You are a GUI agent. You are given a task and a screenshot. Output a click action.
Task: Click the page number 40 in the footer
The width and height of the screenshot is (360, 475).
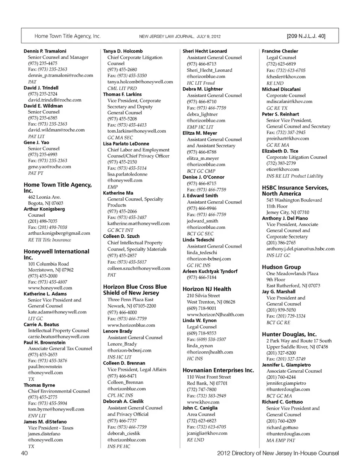coord(24,453)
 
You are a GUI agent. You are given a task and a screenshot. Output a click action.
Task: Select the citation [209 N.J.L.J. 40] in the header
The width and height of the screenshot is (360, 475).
coord(306,36)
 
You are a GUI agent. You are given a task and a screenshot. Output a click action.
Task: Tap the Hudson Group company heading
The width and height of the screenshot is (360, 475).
coord(281,267)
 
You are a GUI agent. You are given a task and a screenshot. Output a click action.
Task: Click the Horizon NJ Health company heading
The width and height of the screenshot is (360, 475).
coord(207,289)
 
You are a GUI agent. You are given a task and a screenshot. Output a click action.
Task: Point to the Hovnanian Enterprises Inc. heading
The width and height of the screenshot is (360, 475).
coord(218,370)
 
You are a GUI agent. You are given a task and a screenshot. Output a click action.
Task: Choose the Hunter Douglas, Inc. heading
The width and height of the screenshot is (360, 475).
coord(289,334)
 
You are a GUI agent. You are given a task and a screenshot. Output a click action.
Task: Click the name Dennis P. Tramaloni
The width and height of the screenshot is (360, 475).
coord(45,51)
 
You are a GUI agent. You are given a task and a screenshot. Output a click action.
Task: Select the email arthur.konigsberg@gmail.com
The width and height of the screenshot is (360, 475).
coord(59,233)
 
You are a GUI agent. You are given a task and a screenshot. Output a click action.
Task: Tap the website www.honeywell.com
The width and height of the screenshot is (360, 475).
coord(50,288)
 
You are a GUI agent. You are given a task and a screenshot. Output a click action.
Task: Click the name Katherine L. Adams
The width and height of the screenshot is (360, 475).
coord(45,294)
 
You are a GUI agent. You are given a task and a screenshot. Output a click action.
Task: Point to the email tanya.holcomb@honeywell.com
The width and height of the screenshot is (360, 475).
coord(140,82)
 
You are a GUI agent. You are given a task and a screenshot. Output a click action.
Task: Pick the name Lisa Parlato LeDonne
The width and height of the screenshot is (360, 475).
coord(126,144)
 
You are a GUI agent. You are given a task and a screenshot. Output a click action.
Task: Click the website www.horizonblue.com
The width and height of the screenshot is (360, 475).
coord(131,325)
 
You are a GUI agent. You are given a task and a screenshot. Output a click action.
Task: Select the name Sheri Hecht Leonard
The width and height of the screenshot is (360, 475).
coord(205,51)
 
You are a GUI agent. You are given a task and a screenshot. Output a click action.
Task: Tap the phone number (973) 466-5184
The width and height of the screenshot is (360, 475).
coord(201,277)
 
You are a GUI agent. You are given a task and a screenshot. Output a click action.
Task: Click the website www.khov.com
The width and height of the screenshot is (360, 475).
coord(203,402)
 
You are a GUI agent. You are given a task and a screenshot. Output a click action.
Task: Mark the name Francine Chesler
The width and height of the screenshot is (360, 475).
coord(280,51)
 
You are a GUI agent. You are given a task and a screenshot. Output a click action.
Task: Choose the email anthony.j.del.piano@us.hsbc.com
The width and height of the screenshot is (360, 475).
coord(300,249)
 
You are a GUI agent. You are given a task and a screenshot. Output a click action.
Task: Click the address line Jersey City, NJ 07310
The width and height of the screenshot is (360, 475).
coord(288,212)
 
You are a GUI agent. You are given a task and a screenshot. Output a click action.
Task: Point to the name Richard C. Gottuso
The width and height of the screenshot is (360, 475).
coord(282,402)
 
